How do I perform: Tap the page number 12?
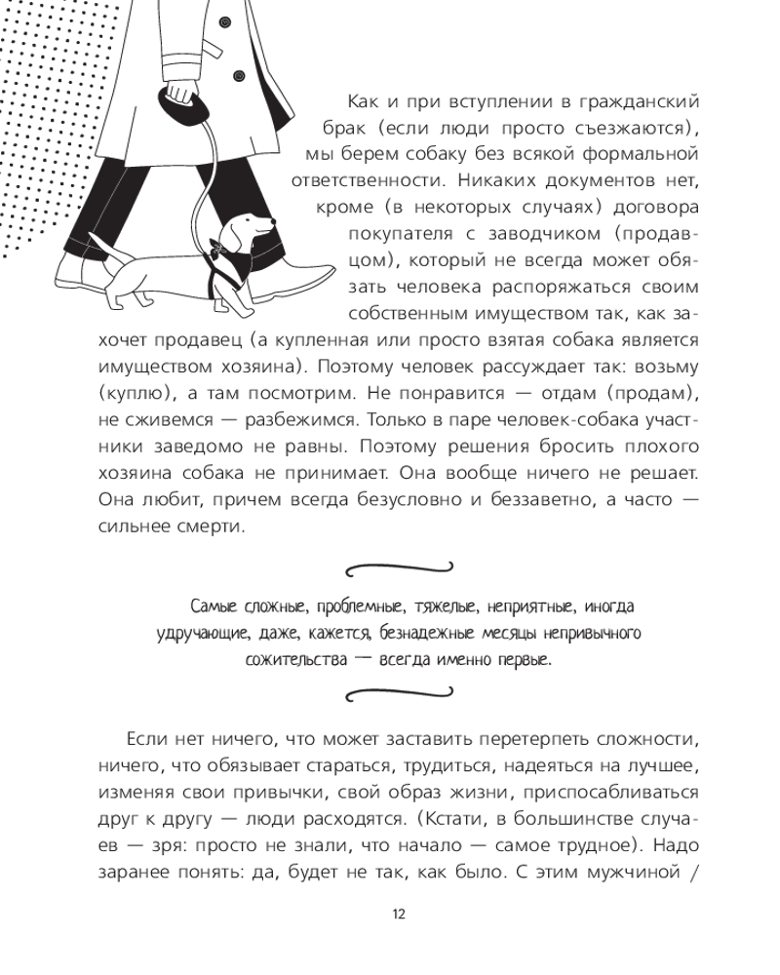(x=398, y=914)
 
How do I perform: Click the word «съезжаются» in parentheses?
(x=606, y=129)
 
